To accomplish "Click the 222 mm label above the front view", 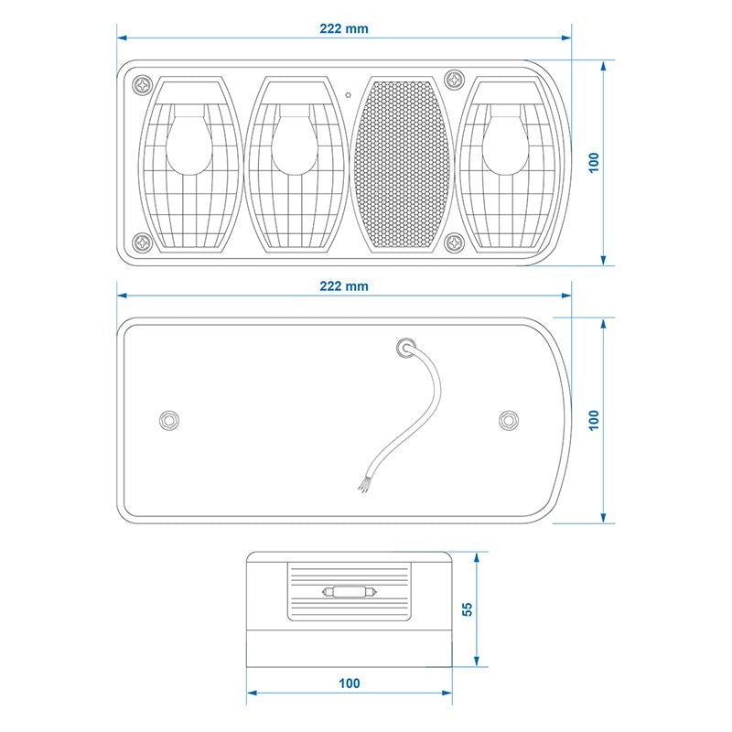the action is click(x=344, y=29).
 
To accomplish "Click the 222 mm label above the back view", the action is click(x=344, y=286).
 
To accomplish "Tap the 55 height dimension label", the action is click(x=467, y=609).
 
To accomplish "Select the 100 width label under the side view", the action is click(x=350, y=684).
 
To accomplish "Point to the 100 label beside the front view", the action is click(x=593, y=163).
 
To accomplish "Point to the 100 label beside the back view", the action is click(x=593, y=420).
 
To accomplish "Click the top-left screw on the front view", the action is click(x=143, y=85).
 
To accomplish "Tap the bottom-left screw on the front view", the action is click(x=143, y=242).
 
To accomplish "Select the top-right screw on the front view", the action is click(x=454, y=81).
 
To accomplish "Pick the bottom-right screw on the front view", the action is click(x=454, y=242).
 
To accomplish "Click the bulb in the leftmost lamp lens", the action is click(x=189, y=140).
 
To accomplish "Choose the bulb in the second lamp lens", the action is click(x=295, y=140).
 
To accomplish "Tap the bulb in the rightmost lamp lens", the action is click(x=505, y=140).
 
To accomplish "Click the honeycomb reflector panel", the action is click(x=402, y=165).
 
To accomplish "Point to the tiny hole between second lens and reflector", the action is click(x=349, y=95).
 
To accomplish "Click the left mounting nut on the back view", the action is click(x=168, y=420).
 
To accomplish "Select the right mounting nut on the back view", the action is click(x=509, y=420).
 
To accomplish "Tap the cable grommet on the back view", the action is click(x=405, y=348).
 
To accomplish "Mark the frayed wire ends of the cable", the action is click(x=364, y=484).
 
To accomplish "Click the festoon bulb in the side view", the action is click(x=350, y=592).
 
